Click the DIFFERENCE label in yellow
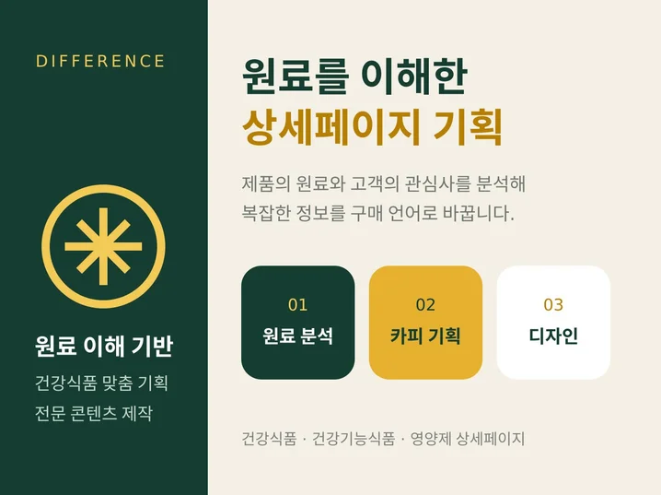click(x=100, y=61)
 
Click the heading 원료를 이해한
click(x=355, y=77)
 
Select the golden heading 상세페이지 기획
click(x=372, y=126)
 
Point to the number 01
click(x=297, y=305)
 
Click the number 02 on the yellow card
click(x=425, y=305)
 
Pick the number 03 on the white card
click(x=553, y=305)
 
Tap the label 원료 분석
click(x=297, y=336)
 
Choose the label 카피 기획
click(x=425, y=336)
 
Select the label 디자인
click(x=553, y=336)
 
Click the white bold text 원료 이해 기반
click(x=104, y=347)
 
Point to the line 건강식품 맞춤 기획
click(x=101, y=383)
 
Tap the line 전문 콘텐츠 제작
click(x=94, y=413)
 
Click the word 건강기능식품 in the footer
click(x=354, y=439)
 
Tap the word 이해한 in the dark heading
click(x=415, y=77)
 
